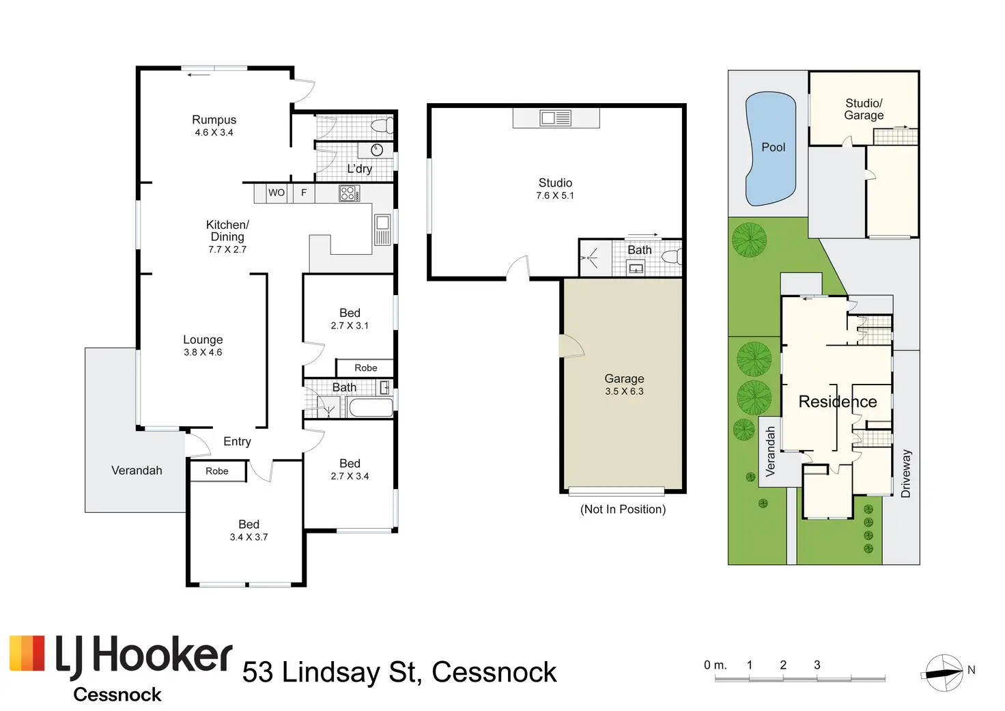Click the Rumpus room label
(214, 120)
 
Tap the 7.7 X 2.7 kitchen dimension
(227, 250)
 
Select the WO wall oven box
(277, 193)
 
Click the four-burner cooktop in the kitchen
(349, 193)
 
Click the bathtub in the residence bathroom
(371, 408)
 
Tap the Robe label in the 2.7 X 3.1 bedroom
(366, 368)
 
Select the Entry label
(237, 442)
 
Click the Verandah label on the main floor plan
(137, 471)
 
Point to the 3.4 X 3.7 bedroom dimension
(249, 538)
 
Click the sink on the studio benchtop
(556, 118)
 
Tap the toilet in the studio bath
(671, 257)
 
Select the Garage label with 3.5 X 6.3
(624, 379)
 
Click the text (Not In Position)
(623, 510)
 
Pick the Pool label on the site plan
(774, 148)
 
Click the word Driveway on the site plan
(906, 473)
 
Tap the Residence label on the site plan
(838, 402)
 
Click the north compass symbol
(944, 673)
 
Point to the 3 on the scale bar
(817, 665)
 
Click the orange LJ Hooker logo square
(27, 654)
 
